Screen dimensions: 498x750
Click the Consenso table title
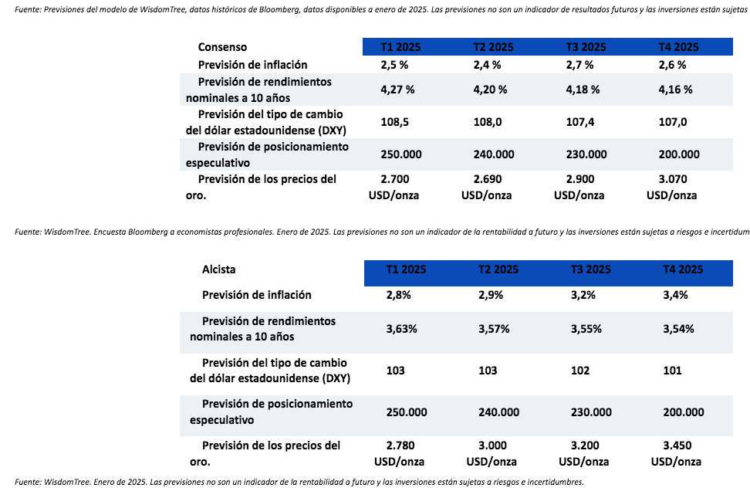222,47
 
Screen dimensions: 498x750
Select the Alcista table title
218,269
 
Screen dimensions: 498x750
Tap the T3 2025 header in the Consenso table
586,47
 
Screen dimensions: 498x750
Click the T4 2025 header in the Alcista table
683,269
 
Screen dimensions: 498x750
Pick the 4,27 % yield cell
397,89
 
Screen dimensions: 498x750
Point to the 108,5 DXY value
395,122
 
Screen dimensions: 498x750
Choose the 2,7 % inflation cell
579,65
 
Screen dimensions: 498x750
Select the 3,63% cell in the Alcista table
401,329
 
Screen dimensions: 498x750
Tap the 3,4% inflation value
676,295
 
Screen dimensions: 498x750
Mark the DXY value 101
672,371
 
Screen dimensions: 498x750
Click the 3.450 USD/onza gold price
677,453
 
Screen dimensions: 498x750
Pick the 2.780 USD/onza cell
406,453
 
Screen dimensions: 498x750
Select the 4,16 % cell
676,89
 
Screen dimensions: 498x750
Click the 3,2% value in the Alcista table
583,295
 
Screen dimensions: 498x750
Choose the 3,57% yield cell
494,329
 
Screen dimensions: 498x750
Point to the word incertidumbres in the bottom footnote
549,482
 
